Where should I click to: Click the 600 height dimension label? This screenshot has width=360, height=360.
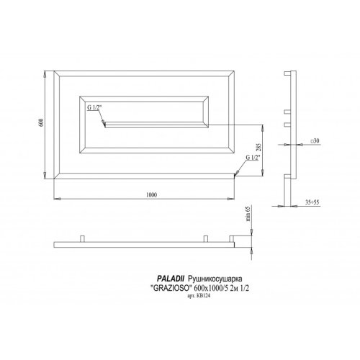42,124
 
